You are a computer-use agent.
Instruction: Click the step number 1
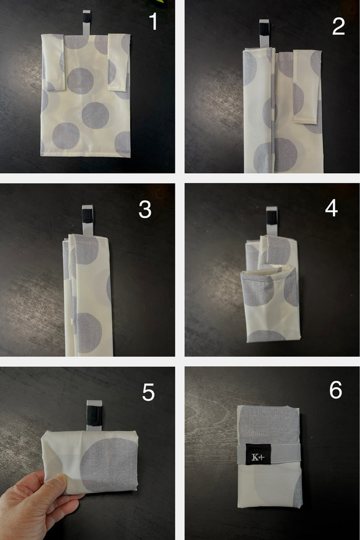(153, 22)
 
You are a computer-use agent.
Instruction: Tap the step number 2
(338, 26)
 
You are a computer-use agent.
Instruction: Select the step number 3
(145, 209)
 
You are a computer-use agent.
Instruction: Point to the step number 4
(331, 208)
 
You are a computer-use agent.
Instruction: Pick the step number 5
(148, 392)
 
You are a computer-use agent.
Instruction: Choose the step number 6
(335, 390)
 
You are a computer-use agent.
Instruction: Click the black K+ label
(257, 454)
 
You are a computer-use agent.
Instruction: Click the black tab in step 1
(86, 17)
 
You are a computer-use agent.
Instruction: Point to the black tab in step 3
(87, 216)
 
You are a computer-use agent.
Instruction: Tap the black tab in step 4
(272, 217)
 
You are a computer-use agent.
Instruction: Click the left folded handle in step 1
(54, 62)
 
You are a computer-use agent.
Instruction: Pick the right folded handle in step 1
(118, 62)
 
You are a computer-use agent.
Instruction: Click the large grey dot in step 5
(109, 465)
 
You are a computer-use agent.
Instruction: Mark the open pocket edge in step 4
(268, 269)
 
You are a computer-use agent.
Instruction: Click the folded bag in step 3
(88, 295)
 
